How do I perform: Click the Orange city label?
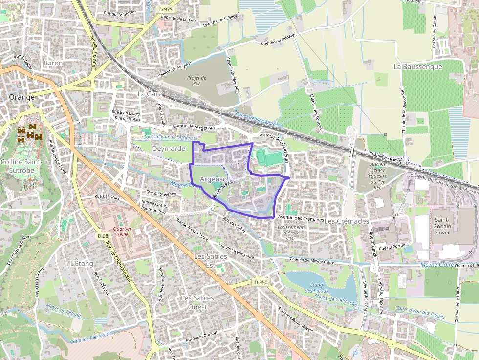[x=22, y=97]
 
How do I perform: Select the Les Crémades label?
[x=346, y=221]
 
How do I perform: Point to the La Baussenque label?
[x=418, y=66]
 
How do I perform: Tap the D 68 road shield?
[x=103, y=236]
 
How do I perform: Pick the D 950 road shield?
[x=261, y=282]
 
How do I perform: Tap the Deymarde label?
[x=169, y=148]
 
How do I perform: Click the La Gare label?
[x=149, y=93]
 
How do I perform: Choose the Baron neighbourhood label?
[x=53, y=63]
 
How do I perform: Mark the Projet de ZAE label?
[x=196, y=81]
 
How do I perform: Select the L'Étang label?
[x=82, y=263]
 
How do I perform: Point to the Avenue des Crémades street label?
[x=300, y=218]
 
